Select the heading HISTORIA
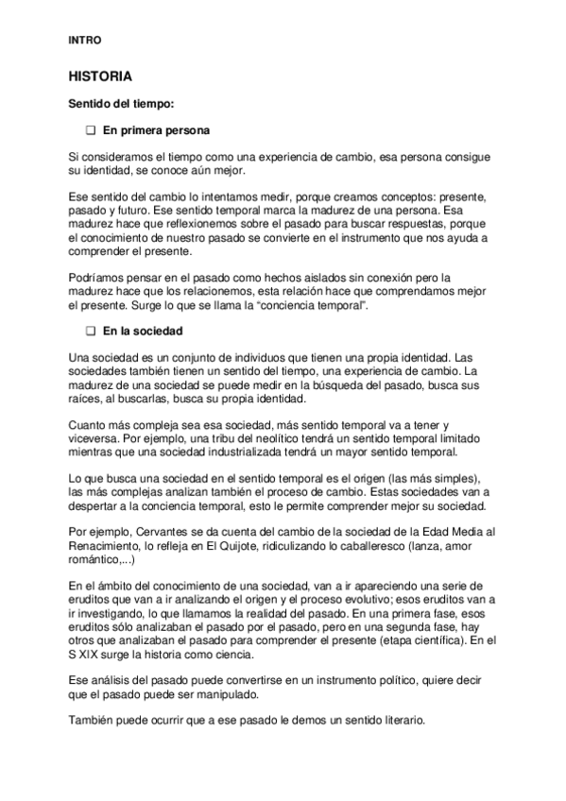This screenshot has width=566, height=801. click(x=99, y=75)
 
